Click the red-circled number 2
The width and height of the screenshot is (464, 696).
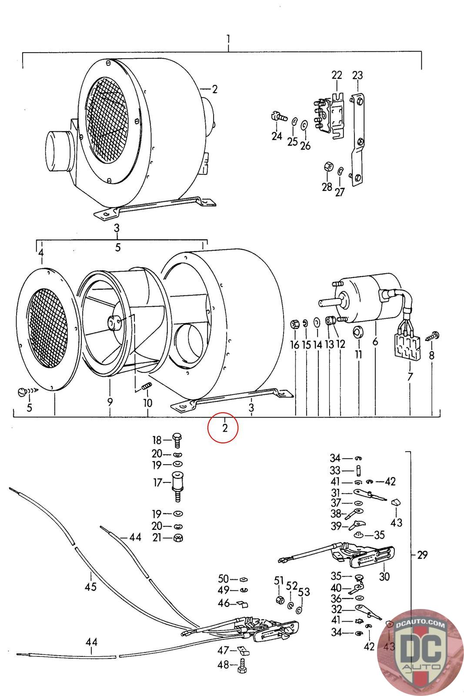224,428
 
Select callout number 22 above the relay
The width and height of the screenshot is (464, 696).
337,75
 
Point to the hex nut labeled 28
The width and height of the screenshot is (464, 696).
329,167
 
